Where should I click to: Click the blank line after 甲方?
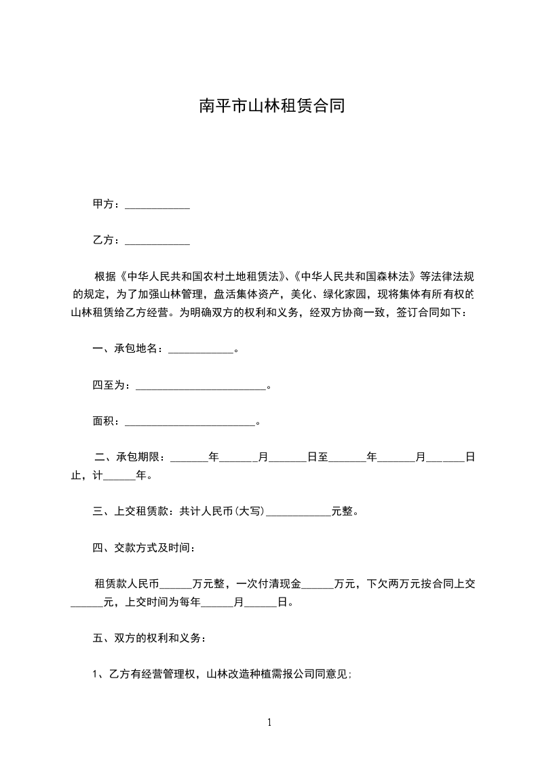pos(157,204)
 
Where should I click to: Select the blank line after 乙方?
pos(157,240)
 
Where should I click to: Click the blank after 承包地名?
pos(200,349)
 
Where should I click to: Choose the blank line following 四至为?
pos(201,385)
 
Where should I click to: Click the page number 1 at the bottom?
pos(269,722)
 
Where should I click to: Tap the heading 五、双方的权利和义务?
pos(146,638)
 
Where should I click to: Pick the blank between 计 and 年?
pos(119,475)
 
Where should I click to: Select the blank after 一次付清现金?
pos(318,583)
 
